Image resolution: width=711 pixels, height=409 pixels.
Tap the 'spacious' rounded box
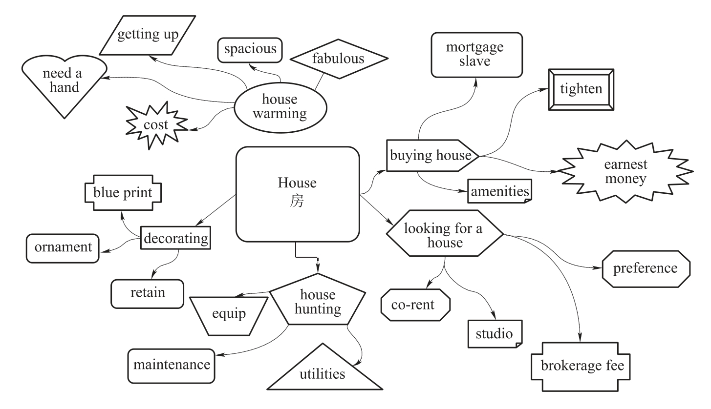pos(250,49)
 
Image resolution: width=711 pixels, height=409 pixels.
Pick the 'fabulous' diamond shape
pos(339,59)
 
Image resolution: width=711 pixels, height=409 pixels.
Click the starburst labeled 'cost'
pos(156,125)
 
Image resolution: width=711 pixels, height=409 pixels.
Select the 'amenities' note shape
pos(499,191)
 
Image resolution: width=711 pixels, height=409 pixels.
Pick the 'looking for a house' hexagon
pos(444,235)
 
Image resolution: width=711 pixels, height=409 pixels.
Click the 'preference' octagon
pos(646,268)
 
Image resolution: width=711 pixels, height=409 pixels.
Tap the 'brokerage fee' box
pos(582,366)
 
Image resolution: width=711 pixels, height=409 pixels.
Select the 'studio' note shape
pos(495,334)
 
